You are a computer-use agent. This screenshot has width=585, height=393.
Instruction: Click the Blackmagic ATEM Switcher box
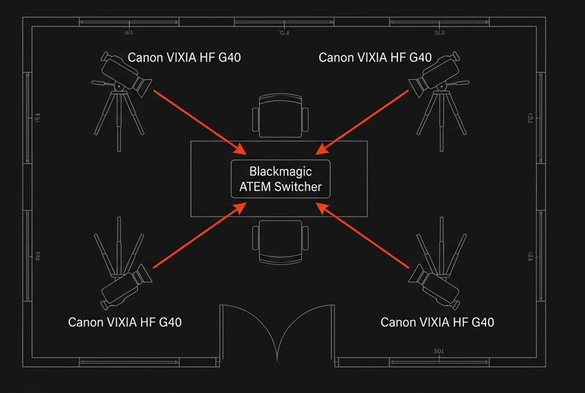point(280,179)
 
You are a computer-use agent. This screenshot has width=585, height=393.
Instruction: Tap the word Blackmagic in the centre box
point(280,171)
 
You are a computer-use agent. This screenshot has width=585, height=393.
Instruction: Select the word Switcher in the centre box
point(299,187)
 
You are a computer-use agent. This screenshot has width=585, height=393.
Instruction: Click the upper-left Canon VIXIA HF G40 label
point(184,57)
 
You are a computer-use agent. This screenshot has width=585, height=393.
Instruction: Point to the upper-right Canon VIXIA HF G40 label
point(375,57)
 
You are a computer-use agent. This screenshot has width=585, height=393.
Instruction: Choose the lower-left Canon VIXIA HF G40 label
point(125,322)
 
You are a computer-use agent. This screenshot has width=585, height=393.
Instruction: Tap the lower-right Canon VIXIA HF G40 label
point(437,322)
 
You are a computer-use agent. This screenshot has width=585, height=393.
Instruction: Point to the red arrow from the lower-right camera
point(363,238)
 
